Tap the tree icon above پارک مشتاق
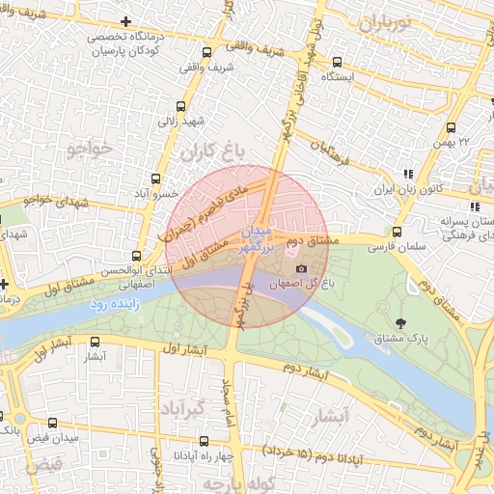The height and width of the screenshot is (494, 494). click(401, 321)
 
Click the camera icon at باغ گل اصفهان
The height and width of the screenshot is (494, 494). click(301, 268)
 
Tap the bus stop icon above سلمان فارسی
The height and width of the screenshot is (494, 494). click(397, 232)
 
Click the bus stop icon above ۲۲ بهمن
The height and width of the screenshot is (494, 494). click(451, 126)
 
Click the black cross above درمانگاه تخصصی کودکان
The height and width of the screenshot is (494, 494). click(126, 21)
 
